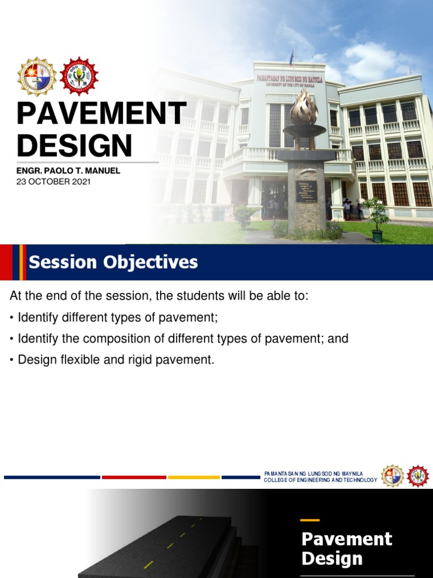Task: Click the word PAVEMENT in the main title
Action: (x=101, y=115)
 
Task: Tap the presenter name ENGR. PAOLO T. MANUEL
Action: (x=68, y=170)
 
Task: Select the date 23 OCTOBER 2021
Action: (x=54, y=182)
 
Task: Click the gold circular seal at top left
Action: (x=36, y=76)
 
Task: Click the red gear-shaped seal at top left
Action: (x=79, y=76)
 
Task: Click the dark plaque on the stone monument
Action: (x=306, y=191)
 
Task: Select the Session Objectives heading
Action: (x=113, y=262)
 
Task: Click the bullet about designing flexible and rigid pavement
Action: (x=116, y=360)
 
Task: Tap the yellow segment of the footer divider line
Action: (x=193, y=478)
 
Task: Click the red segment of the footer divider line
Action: (x=134, y=478)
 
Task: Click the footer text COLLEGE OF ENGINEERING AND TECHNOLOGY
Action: (x=320, y=480)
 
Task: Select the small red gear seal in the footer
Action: (x=418, y=476)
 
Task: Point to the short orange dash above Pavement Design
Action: (x=310, y=520)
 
